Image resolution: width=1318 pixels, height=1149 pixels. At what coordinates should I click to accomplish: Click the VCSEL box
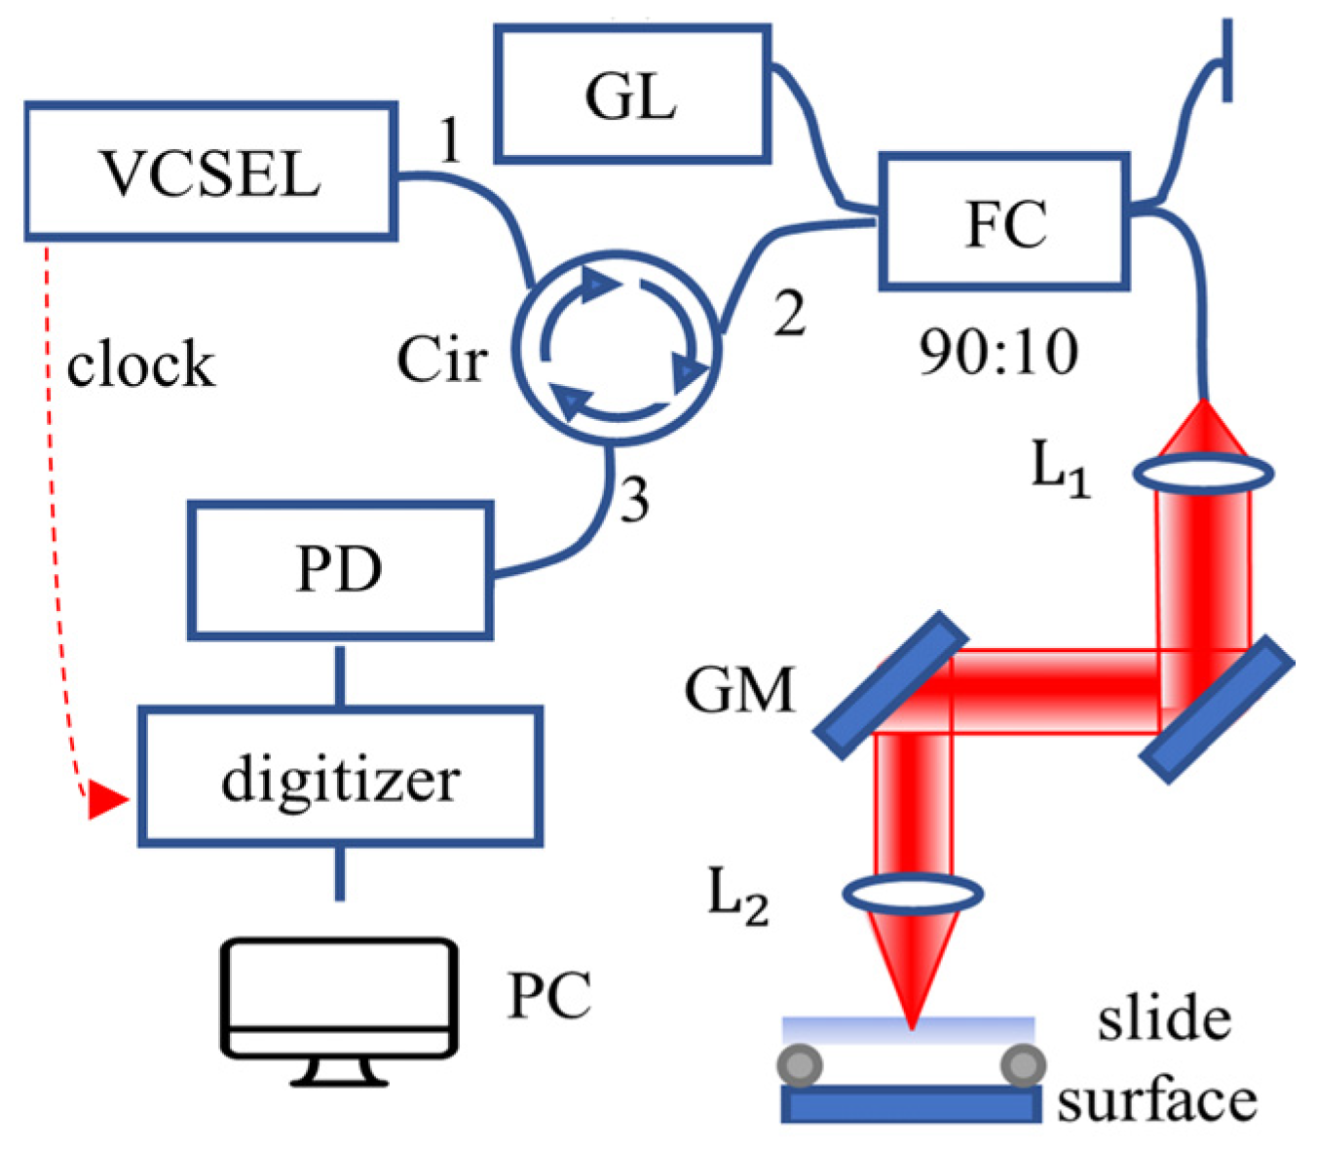(x=209, y=172)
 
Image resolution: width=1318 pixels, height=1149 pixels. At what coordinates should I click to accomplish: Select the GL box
(x=632, y=95)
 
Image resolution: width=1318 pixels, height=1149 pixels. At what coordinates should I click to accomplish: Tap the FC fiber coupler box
(x=1003, y=221)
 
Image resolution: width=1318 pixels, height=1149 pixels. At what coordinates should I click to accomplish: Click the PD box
(x=339, y=569)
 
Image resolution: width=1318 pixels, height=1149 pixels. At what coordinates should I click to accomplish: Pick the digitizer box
(x=339, y=776)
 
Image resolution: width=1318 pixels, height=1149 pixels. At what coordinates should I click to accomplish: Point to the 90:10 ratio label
(x=998, y=352)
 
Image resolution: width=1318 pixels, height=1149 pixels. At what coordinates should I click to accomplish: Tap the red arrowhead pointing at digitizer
(x=106, y=800)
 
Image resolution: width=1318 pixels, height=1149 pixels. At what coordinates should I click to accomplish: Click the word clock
(x=140, y=364)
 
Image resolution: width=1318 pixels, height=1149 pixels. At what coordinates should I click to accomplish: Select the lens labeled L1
(x=1203, y=474)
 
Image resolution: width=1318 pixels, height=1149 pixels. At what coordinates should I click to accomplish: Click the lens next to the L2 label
(x=911, y=892)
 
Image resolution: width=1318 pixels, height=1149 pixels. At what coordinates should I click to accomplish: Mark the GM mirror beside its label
(x=890, y=684)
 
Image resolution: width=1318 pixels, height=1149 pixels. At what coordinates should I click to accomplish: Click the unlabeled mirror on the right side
(x=1217, y=709)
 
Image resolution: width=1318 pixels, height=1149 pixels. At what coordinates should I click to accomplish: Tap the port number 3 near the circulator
(x=634, y=500)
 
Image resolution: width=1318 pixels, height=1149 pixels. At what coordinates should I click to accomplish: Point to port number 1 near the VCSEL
(x=449, y=139)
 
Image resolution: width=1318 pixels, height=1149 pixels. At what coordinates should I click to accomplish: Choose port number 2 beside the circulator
(x=789, y=314)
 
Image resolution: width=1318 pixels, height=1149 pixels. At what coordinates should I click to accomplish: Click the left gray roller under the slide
(x=800, y=1065)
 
